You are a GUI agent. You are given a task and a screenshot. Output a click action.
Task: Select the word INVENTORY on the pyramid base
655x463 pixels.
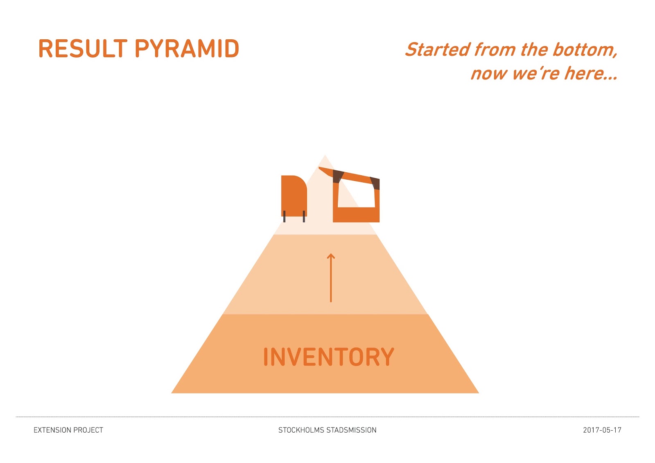click(x=328, y=357)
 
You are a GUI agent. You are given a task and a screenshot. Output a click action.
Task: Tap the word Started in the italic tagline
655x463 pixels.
click(x=438, y=50)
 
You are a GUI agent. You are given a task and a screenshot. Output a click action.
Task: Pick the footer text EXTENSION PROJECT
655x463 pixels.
click(x=68, y=430)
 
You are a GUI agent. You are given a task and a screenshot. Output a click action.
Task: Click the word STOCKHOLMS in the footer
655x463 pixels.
click(x=300, y=430)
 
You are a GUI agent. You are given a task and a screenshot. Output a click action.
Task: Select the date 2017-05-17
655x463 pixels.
click(x=602, y=430)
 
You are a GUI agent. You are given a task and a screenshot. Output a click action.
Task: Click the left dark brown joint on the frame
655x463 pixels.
click(x=337, y=176)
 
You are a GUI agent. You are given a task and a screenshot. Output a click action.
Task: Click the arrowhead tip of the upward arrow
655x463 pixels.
click(x=331, y=255)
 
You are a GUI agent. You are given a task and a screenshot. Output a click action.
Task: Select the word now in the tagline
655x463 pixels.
click(x=489, y=74)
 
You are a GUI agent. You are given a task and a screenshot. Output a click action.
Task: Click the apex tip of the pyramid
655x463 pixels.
click(x=325, y=156)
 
